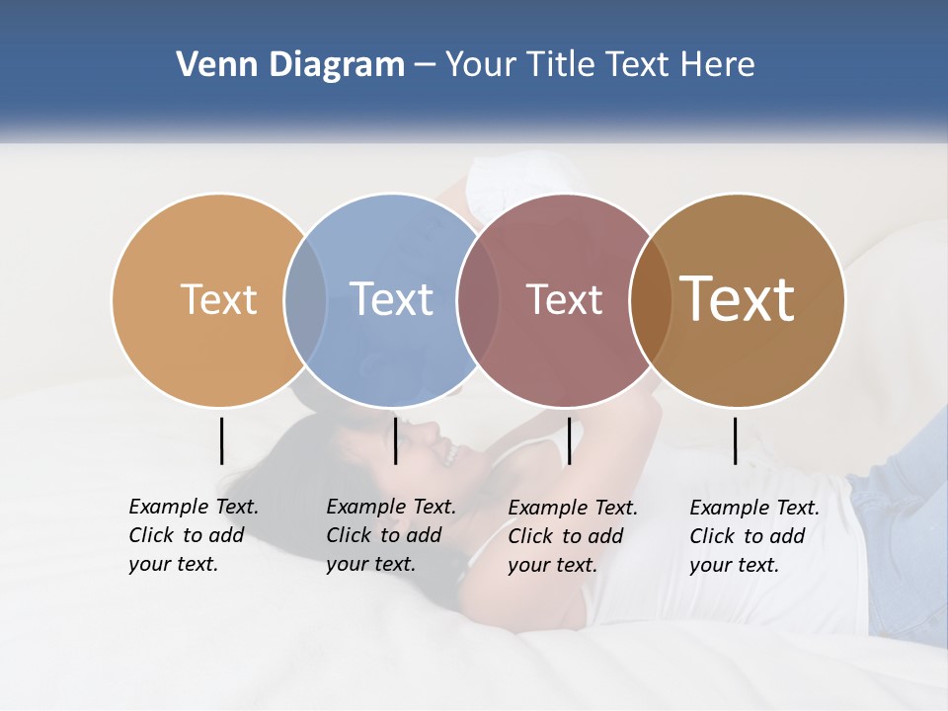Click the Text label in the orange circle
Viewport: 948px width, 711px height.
[218, 299]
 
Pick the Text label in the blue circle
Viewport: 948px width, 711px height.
[391, 299]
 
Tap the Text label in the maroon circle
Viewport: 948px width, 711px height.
[564, 299]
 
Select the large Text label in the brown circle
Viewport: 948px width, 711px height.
[737, 299]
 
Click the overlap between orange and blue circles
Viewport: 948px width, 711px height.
[305, 299]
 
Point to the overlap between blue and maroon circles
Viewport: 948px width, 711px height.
[478, 299]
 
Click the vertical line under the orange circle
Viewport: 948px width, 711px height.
[221, 440]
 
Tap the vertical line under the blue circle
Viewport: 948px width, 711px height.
[395, 440]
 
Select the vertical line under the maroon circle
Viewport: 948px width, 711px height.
[569, 440]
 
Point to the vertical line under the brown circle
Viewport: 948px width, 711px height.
[735, 440]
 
